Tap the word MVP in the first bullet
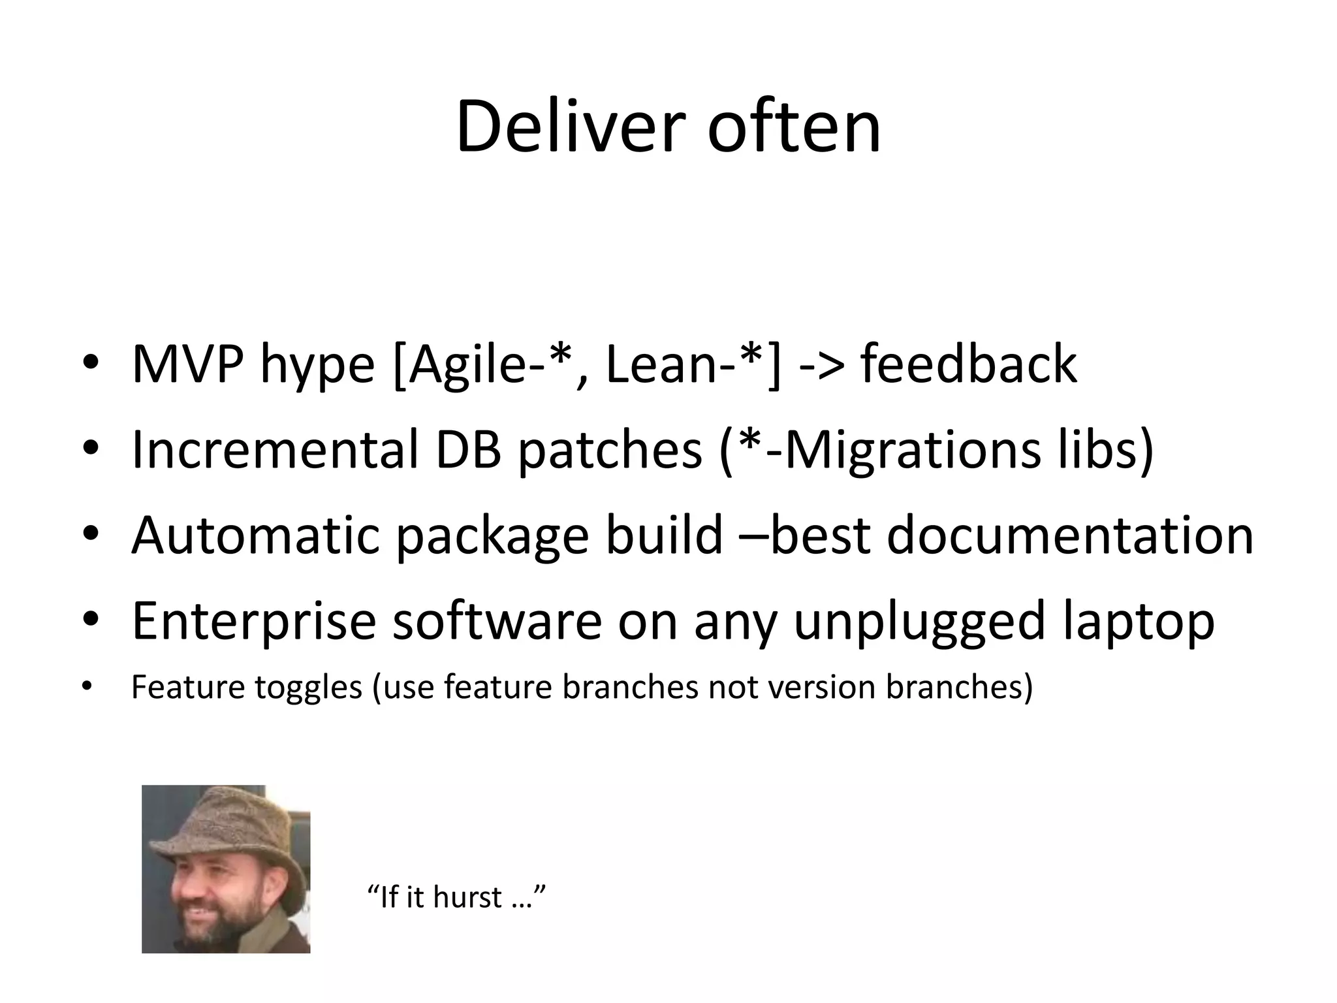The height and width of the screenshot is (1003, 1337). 187,364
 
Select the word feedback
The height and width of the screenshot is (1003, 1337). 969,364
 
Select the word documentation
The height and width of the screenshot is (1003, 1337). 1071,535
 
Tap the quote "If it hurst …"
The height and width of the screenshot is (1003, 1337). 457,897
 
